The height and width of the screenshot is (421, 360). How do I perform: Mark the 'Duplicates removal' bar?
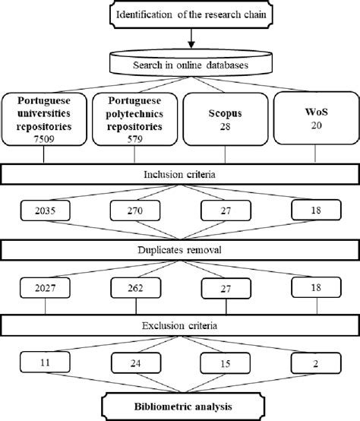[179, 250]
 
